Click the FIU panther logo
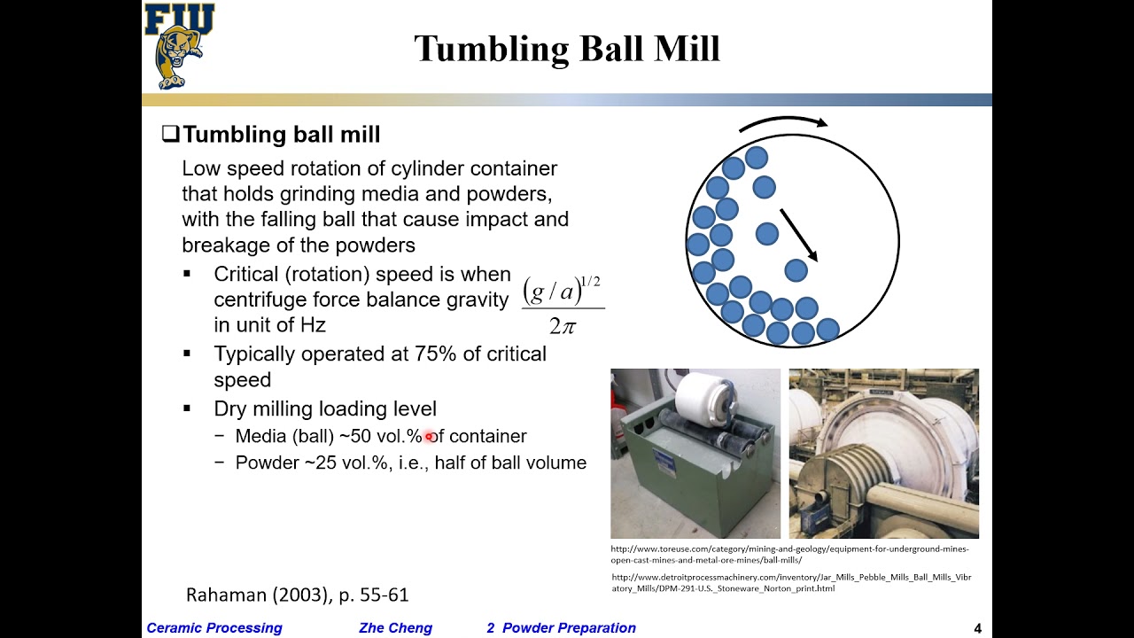click(180, 45)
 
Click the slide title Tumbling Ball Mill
click(567, 49)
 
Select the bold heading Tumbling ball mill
click(281, 135)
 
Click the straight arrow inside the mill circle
click(798, 235)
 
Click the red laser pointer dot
click(429, 436)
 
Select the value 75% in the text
click(436, 354)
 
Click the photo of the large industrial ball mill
click(883, 454)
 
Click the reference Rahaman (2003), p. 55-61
click(297, 595)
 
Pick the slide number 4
click(977, 628)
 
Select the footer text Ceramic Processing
click(214, 628)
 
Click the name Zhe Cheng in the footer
click(395, 628)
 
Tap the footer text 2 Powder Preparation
click(561, 628)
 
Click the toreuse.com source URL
click(788, 554)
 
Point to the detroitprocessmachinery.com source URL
click(790, 582)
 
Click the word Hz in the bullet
click(313, 325)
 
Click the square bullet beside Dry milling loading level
click(187, 408)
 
